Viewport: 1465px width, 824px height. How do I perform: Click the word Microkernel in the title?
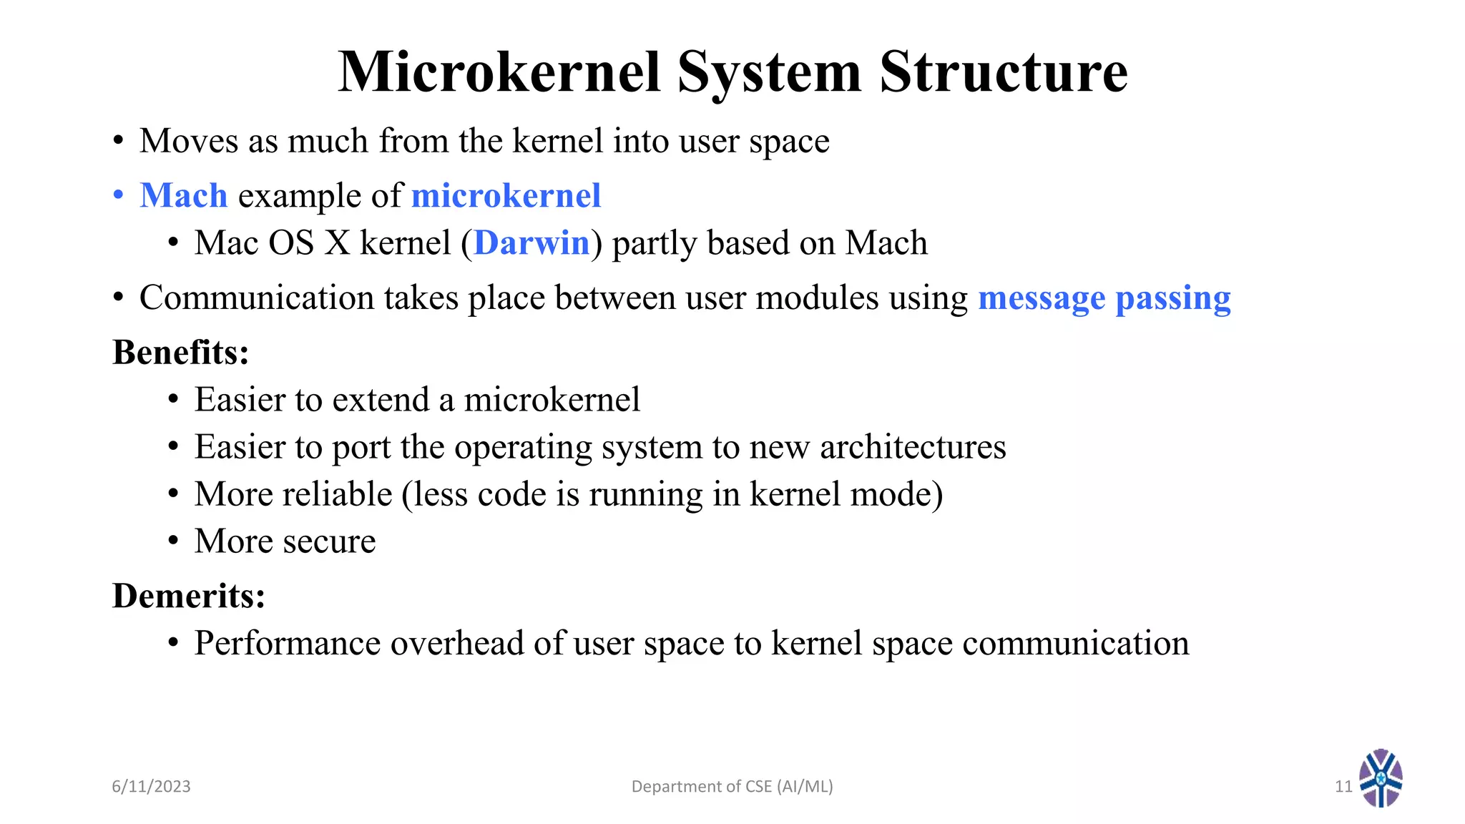[x=499, y=72]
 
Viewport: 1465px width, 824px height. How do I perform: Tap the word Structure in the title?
[x=1003, y=72]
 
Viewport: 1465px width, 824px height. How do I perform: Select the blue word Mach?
[x=184, y=195]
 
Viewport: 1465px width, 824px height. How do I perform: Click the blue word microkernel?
[x=506, y=195]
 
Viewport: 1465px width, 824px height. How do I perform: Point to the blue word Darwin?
[x=531, y=243]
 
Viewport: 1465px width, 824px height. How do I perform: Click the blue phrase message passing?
[x=1104, y=298]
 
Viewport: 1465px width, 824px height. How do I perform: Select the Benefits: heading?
[x=181, y=352]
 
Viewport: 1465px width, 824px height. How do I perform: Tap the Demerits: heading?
[x=189, y=595]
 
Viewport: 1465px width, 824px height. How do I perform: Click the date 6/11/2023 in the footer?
[x=151, y=786]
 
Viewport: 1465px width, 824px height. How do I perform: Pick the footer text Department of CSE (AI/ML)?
[x=732, y=786]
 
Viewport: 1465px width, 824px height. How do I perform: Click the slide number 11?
[x=1343, y=786]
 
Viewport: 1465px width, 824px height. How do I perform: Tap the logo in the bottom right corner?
[x=1381, y=778]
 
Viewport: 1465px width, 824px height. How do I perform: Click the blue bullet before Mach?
[x=119, y=195]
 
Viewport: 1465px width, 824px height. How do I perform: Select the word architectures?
[x=913, y=447]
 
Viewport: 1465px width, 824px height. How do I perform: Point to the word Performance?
[x=288, y=643]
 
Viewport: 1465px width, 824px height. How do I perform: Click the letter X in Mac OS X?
[x=337, y=243]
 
